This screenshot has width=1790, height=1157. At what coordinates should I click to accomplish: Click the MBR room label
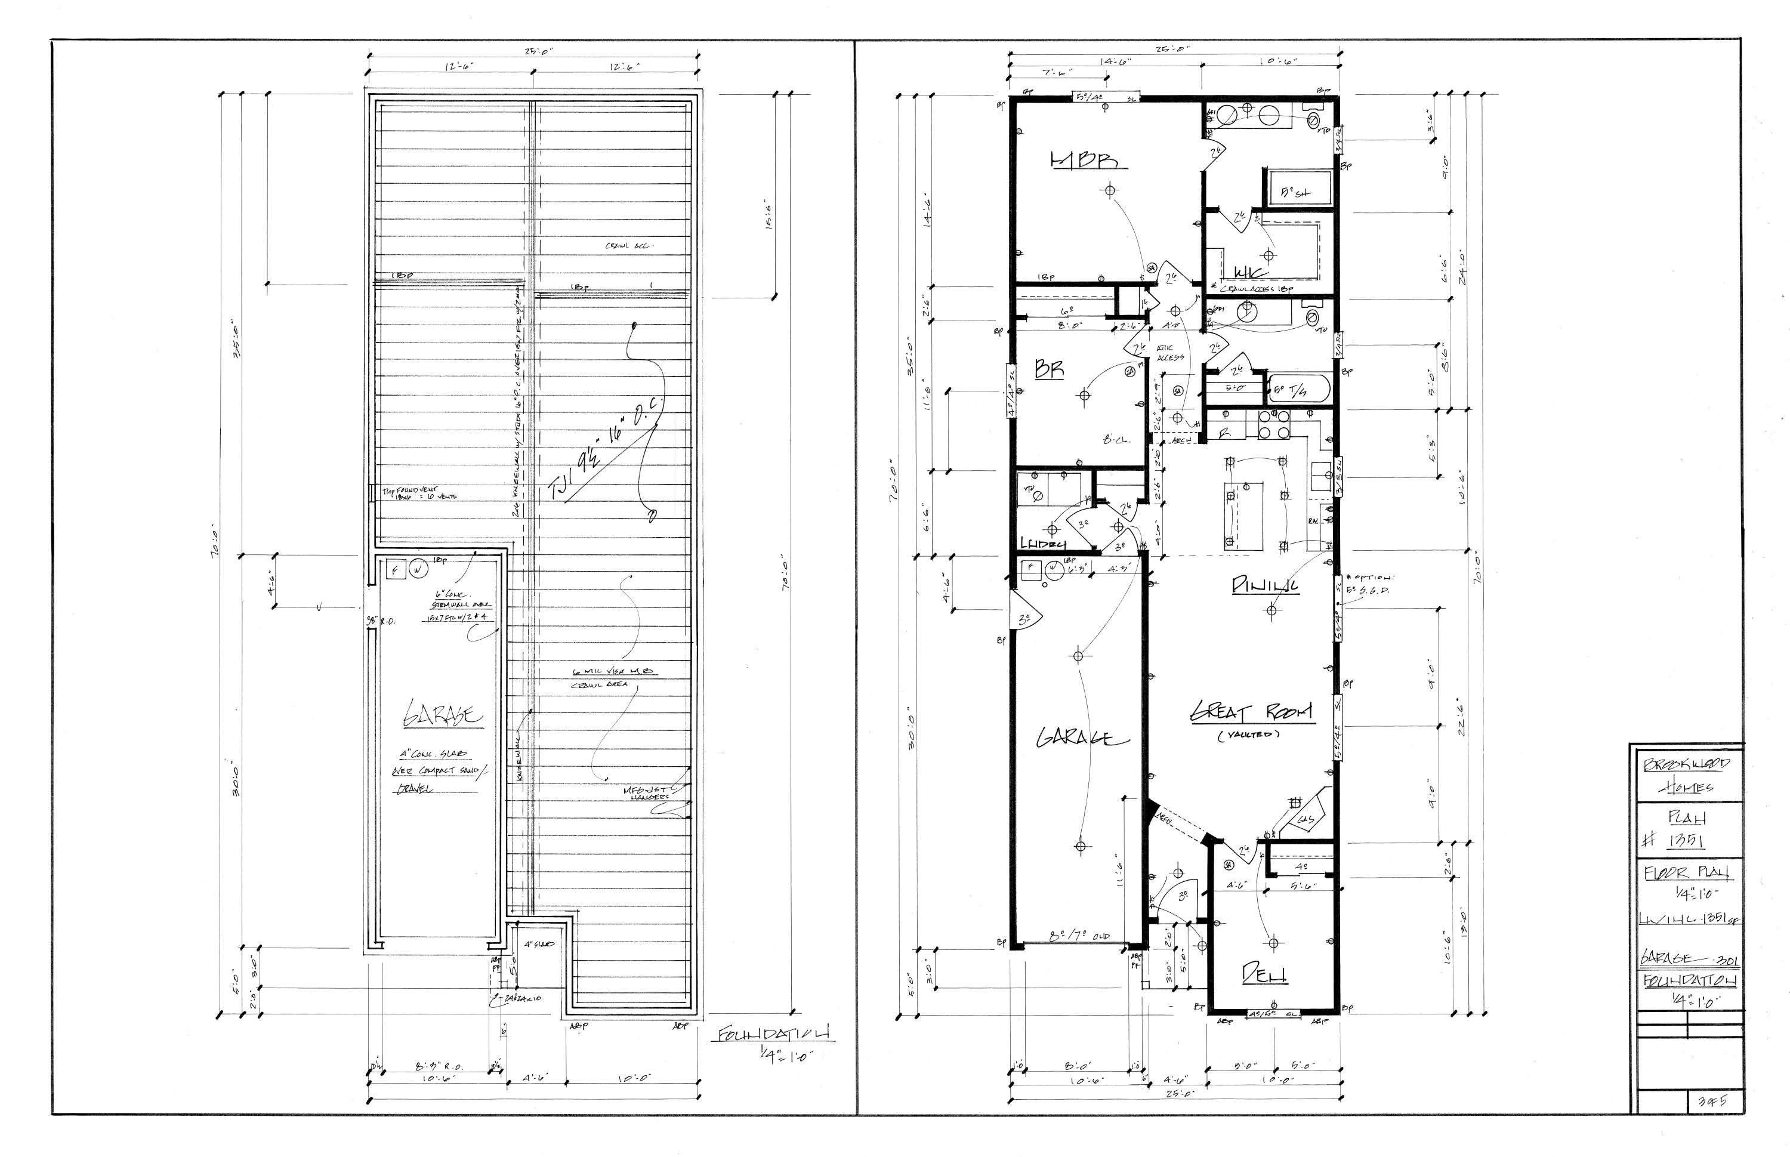1082,160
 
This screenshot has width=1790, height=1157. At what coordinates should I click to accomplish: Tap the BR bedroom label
1050,369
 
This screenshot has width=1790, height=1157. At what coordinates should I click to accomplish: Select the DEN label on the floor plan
1264,974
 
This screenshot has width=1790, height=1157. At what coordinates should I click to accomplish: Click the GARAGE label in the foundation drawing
443,714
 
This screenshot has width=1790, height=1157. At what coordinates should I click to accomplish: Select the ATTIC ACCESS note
1169,353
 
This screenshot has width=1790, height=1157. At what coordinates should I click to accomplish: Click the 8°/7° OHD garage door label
1080,937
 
